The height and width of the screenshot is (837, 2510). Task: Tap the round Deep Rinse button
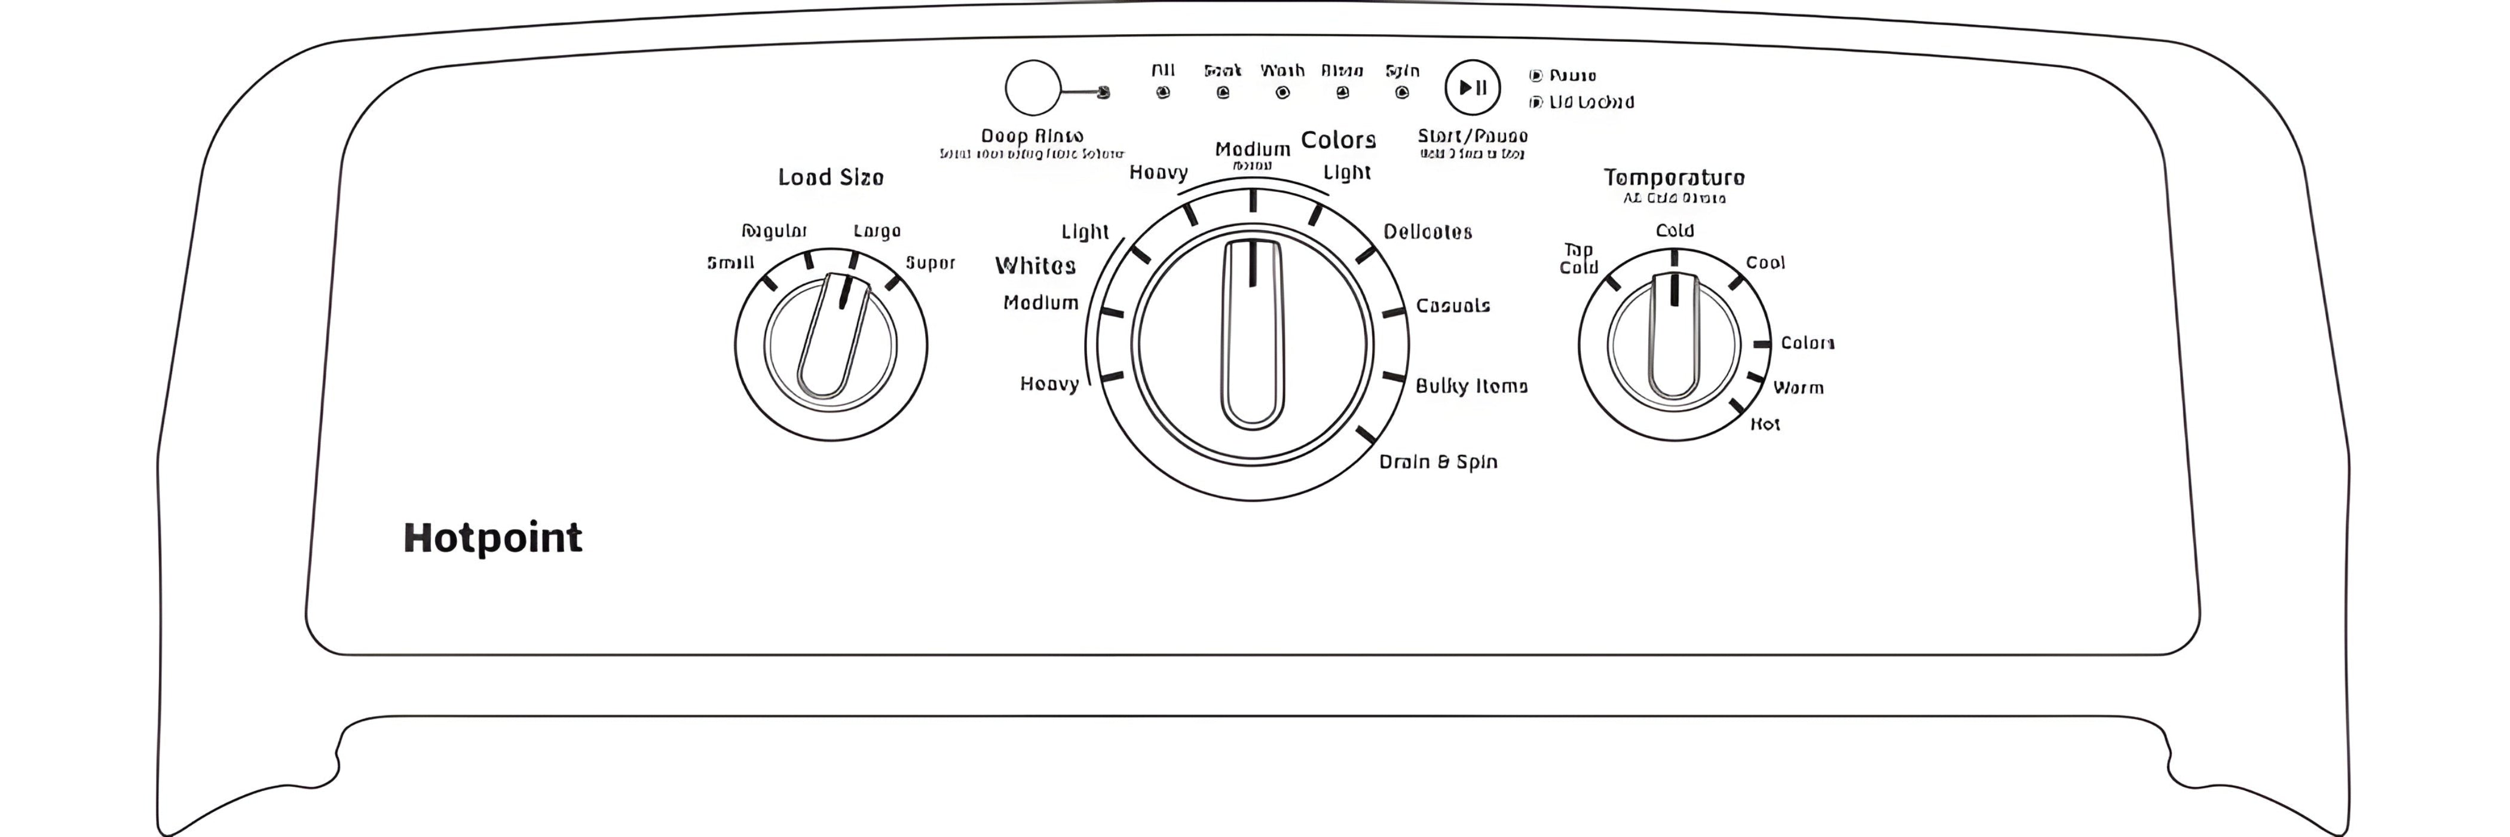coord(1032,88)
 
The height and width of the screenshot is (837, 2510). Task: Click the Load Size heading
coord(830,178)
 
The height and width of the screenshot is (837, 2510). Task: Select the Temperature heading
coord(1674,178)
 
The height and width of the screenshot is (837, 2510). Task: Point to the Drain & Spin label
coord(1437,462)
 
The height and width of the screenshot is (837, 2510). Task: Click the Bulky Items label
coord(1470,387)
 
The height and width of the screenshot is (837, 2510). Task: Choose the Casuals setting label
coord(1452,306)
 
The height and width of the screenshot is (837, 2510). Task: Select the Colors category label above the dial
coord(1338,140)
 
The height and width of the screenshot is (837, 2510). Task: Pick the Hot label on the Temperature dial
coord(1765,424)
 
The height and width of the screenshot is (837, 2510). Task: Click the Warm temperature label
coord(1798,388)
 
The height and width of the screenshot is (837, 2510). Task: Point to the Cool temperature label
coord(1765,263)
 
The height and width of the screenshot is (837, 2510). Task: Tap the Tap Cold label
coord(1578,259)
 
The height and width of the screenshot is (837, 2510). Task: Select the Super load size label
coord(929,263)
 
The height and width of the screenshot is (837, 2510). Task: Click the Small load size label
coord(730,263)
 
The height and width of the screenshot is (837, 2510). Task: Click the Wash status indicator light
coord(1282,93)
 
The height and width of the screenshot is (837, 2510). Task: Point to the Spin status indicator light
coord(1402,93)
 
